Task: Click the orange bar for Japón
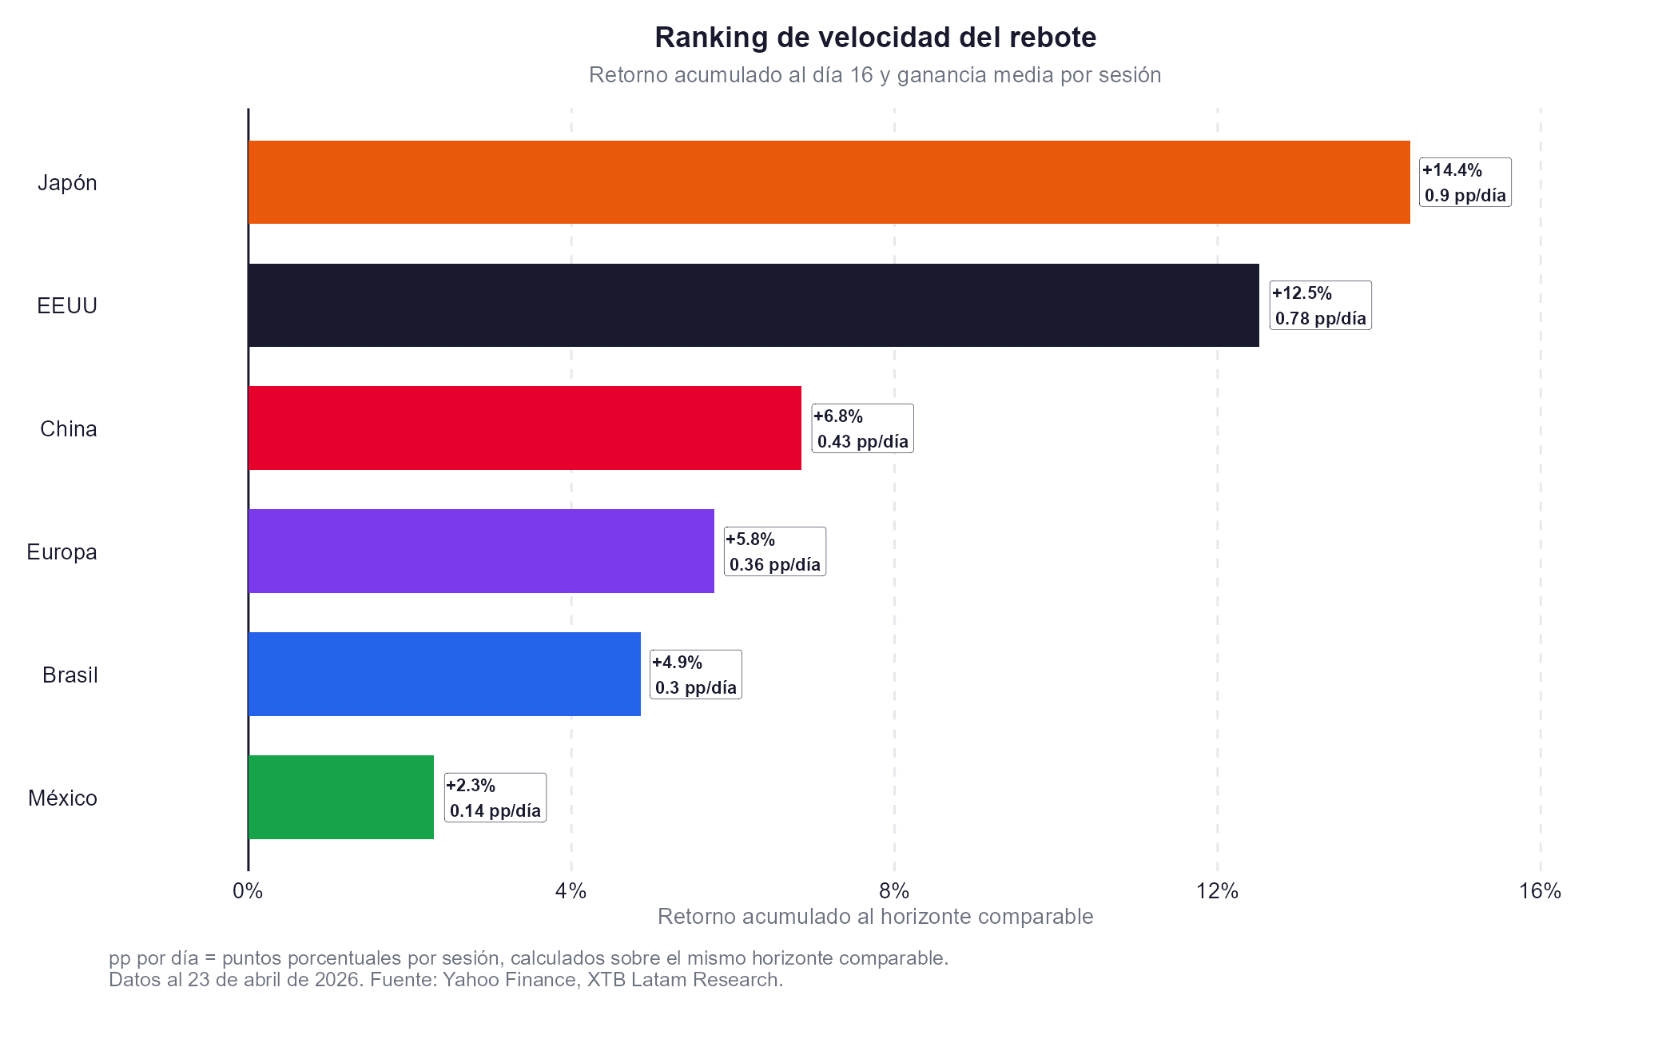[829, 182]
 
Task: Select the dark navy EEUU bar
[754, 305]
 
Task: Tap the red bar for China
[524, 428]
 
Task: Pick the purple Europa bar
[481, 551]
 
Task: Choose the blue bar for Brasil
[444, 675]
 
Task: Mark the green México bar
[341, 798]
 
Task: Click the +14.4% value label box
[1464, 182]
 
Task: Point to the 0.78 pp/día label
[1320, 318]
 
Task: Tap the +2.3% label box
[495, 798]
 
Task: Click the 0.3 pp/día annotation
[695, 687]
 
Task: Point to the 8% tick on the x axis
[894, 891]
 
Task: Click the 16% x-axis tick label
[1540, 891]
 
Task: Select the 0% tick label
[248, 891]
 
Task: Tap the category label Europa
[62, 552]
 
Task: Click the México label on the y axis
[62, 798]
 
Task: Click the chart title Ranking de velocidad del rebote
[875, 38]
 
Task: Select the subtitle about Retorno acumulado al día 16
[875, 75]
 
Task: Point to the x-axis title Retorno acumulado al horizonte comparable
[875, 917]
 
